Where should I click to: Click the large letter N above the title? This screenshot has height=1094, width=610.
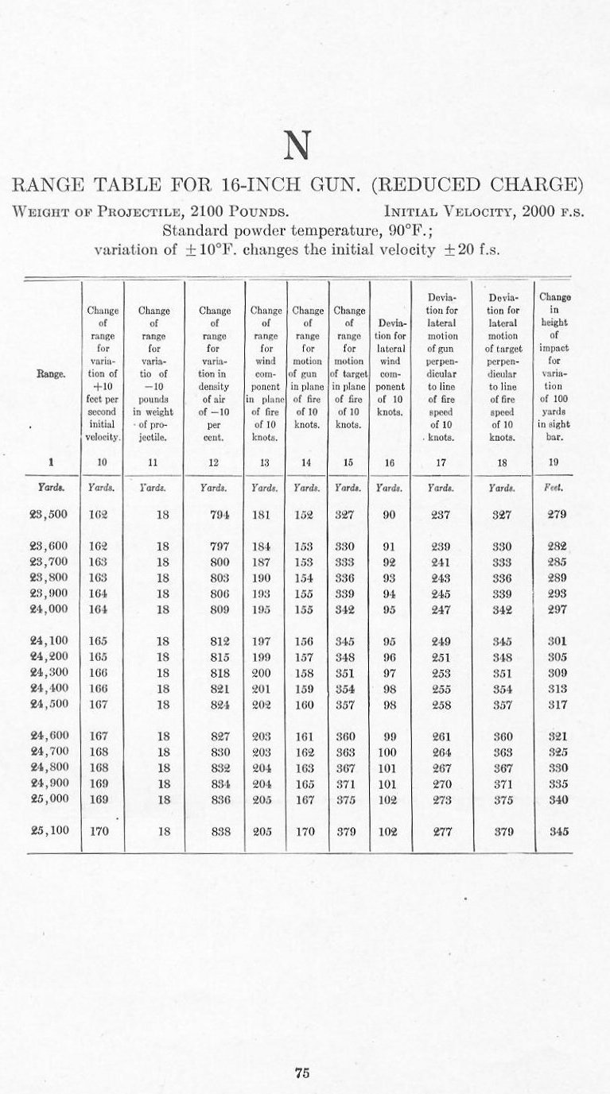[296, 146]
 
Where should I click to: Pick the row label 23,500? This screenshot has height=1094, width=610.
[49, 514]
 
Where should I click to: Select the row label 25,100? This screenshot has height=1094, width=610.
[49, 833]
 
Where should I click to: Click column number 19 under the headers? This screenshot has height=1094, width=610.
[554, 460]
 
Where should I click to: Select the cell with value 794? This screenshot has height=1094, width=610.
[220, 514]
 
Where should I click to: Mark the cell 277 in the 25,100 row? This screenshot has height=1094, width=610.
[441, 833]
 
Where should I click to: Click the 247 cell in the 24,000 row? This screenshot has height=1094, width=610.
[441, 609]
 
